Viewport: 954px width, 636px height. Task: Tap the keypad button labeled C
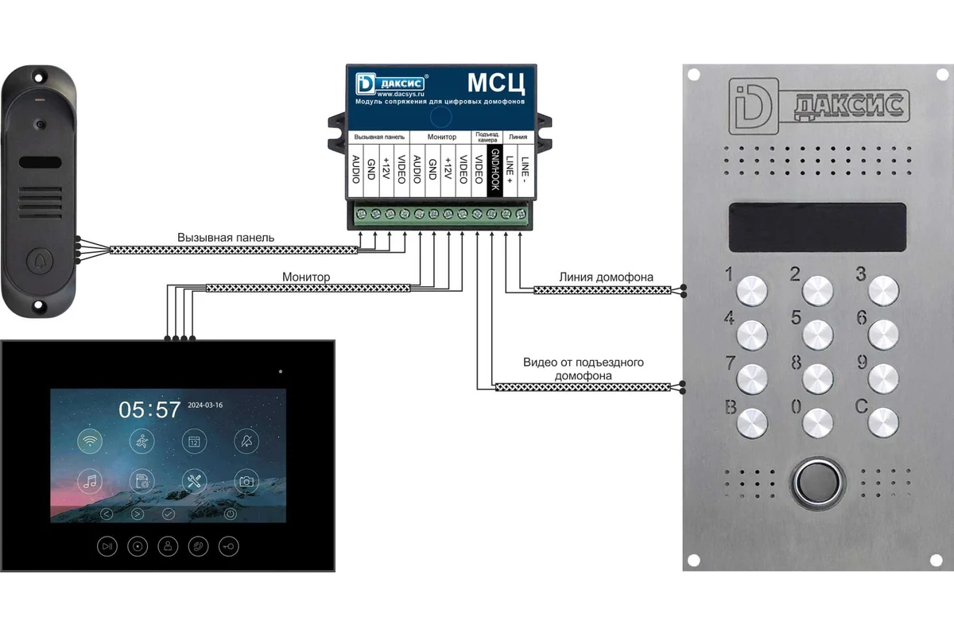[x=882, y=421]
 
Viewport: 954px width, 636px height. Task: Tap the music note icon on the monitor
[x=90, y=481]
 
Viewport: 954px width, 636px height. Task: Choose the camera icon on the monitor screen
[x=246, y=481]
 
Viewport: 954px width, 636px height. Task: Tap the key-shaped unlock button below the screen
[x=230, y=546]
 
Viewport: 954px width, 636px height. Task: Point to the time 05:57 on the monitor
[x=150, y=410]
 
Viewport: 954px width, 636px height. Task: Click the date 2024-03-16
[x=205, y=405]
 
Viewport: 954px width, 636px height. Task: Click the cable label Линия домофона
[x=607, y=277]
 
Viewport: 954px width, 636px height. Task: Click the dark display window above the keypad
[x=816, y=225]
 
